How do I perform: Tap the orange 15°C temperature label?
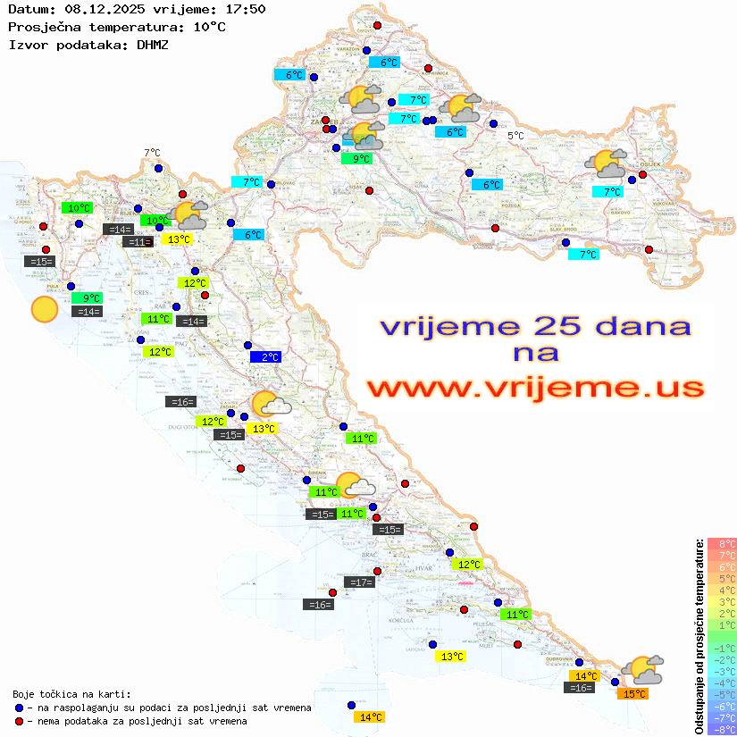[x=635, y=693]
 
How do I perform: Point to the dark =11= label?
[x=137, y=242]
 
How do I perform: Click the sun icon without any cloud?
[x=44, y=310]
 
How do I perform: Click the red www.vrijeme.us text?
[x=535, y=389]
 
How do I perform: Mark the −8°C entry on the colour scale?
[x=721, y=729]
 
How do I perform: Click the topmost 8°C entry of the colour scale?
[x=722, y=543]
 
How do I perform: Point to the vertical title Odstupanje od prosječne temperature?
[x=699, y=636]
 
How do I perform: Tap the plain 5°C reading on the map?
[x=516, y=136]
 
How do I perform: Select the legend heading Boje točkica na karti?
[x=71, y=693]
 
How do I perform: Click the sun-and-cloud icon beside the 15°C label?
[x=642, y=669]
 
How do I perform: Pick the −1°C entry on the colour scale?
[x=721, y=648]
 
